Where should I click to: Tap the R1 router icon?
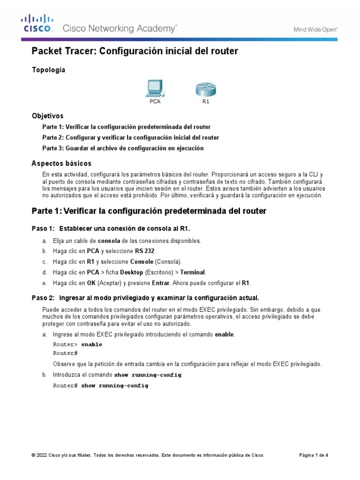(205, 89)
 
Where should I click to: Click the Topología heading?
(48, 70)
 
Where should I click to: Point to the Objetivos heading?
(47, 116)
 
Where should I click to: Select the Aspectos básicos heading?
(61, 163)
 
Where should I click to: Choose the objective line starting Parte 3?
(123, 148)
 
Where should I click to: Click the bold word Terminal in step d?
(192, 272)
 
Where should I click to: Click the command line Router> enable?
(77, 344)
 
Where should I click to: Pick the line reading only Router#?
(65, 353)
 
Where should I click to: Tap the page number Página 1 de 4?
(314, 455)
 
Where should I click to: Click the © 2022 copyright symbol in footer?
(33, 455)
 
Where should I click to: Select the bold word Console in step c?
(142, 262)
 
